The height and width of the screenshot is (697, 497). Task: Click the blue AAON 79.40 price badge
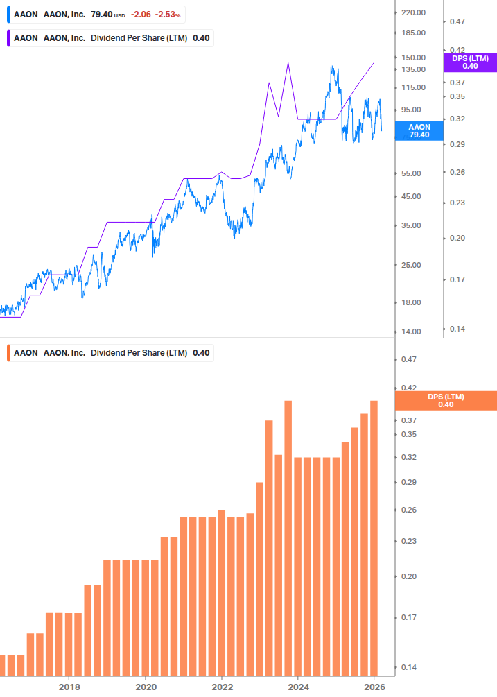point(419,131)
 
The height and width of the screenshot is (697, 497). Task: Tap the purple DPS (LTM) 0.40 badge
point(470,62)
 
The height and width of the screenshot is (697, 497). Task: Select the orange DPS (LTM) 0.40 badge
point(445,401)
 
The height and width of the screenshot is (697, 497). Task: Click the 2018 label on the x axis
point(69,687)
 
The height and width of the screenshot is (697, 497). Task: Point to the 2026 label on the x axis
point(374,687)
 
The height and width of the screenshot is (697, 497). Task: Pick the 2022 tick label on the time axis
point(222,687)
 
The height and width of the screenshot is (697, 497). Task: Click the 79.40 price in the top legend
point(101,14)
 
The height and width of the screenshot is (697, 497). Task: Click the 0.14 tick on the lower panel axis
point(408,667)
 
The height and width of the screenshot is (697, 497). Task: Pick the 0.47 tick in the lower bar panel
point(408,359)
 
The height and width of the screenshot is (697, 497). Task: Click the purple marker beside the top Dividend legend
point(8,37)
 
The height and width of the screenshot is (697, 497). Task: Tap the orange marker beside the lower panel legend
point(8,353)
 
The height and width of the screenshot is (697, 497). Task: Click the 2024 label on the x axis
point(298,687)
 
